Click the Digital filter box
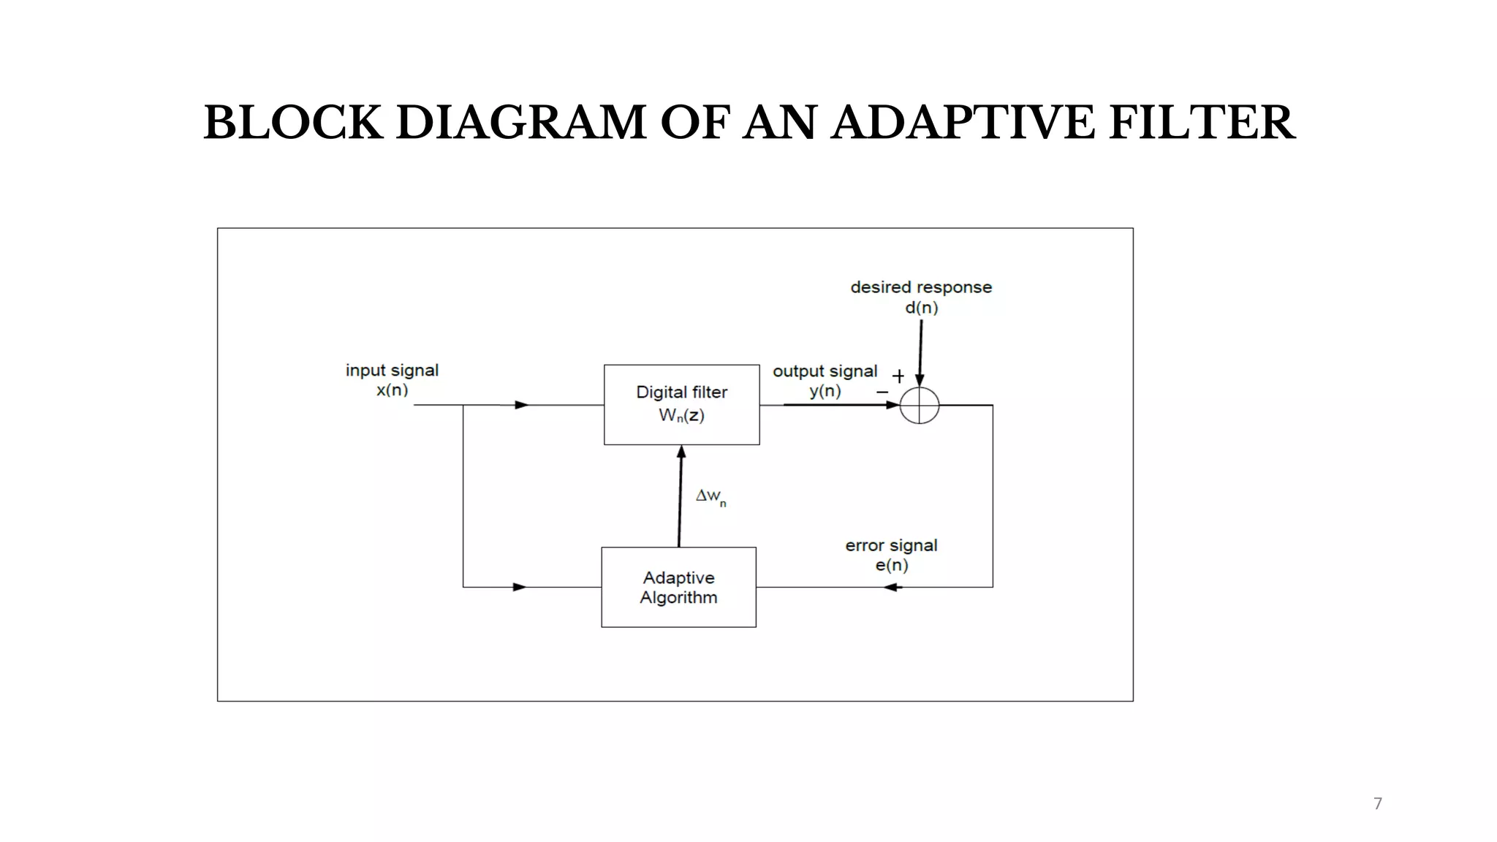click(x=681, y=404)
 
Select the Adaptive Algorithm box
click(x=678, y=587)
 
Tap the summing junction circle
click(x=919, y=406)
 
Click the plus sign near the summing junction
click(x=898, y=376)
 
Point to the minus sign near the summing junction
click(x=882, y=392)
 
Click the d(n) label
click(x=921, y=308)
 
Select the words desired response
click(x=921, y=287)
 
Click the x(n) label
click(x=393, y=390)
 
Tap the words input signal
click(x=392, y=371)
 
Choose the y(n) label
click(x=825, y=391)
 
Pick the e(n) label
click(x=892, y=565)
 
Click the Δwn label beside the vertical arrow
click(x=710, y=497)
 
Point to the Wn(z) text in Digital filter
click(x=681, y=416)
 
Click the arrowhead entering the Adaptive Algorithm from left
click(x=520, y=587)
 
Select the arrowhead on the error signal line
click(x=892, y=587)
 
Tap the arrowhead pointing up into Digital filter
click(x=681, y=452)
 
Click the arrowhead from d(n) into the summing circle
click(x=920, y=380)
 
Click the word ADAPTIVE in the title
click(x=962, y=122)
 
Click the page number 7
click(x=1378, y=804)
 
